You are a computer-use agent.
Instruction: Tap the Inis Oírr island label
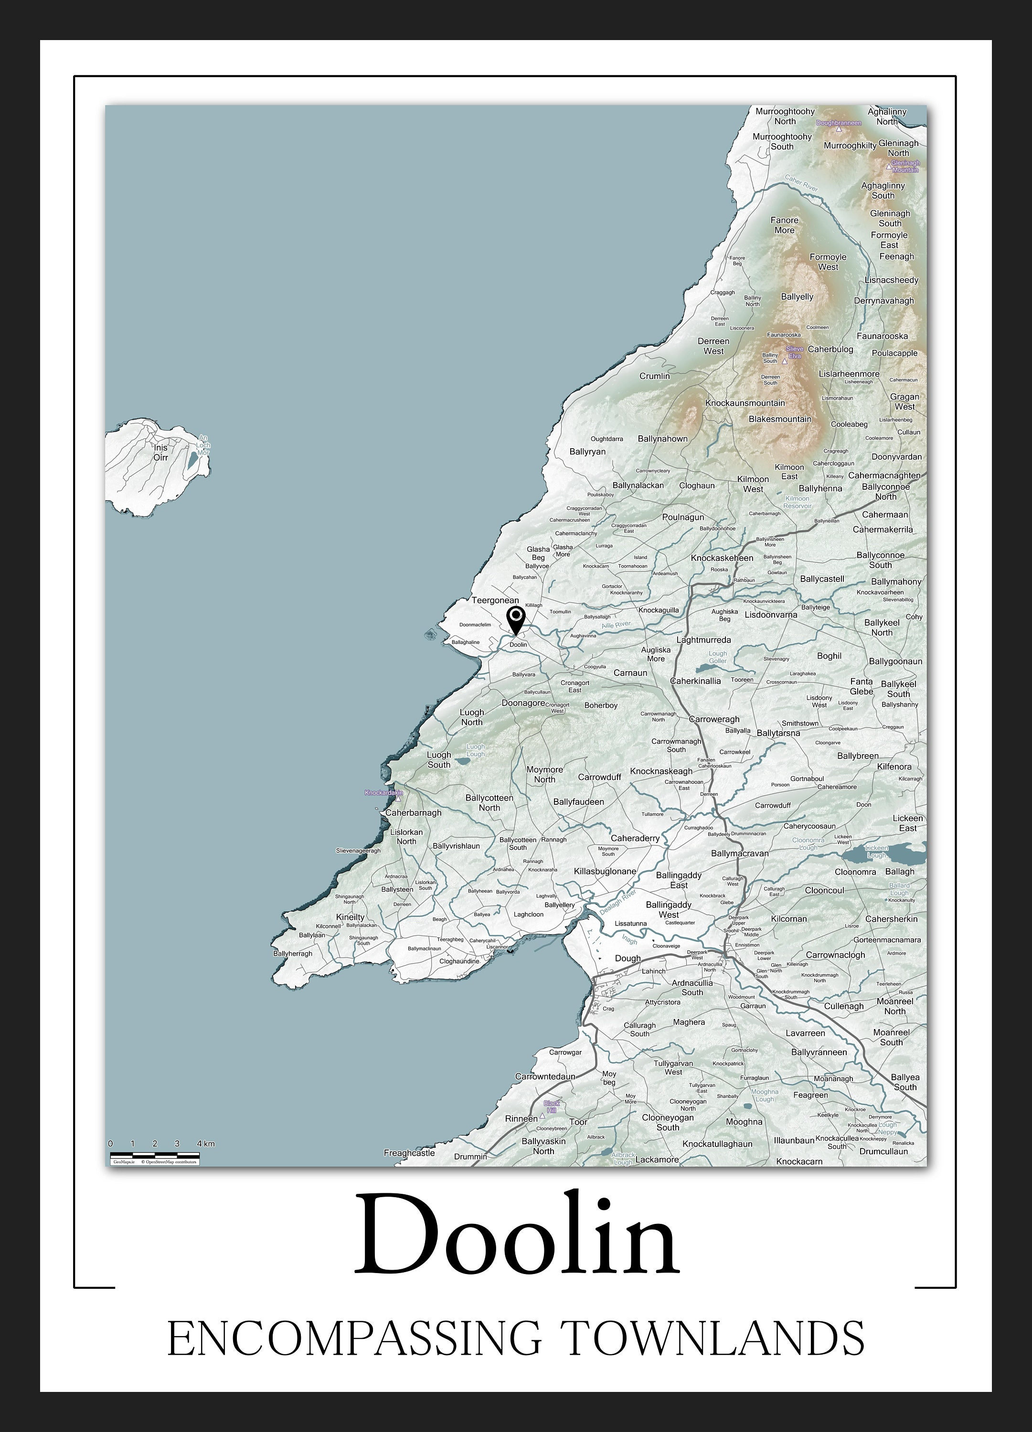coord(161,452)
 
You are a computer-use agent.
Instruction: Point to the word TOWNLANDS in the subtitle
coord(713,1337)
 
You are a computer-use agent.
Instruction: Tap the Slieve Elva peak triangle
coord(785,362)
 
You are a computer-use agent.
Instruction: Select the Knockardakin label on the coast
coord(383,792)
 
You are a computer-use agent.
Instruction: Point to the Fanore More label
coord(785,225)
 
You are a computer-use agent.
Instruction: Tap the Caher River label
coord(801,184)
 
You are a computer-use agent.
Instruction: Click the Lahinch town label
coord(654,971)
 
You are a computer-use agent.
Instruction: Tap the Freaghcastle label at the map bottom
coord(409,1153)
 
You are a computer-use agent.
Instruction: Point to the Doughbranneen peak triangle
coord(839,129)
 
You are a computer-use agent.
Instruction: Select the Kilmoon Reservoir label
coord(797,502)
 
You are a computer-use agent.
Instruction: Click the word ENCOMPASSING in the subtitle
coord(354,1337)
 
